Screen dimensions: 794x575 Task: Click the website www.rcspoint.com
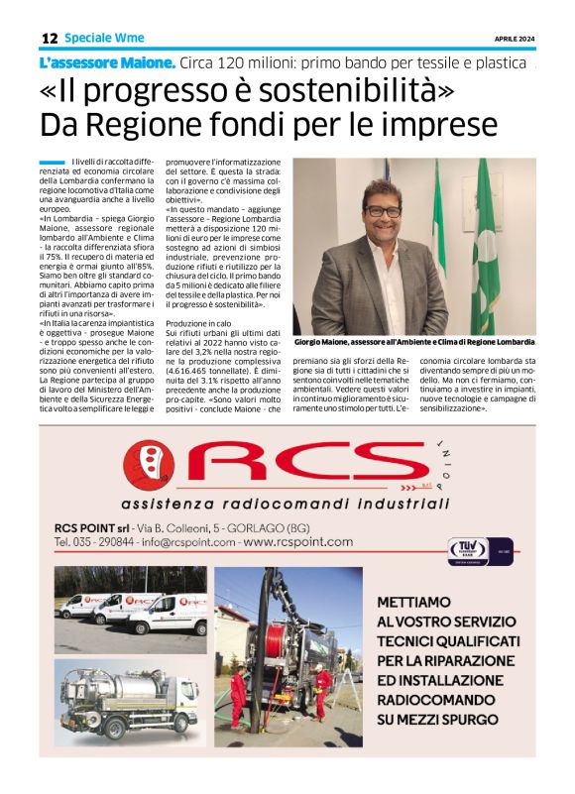click(x=297, y=542)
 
